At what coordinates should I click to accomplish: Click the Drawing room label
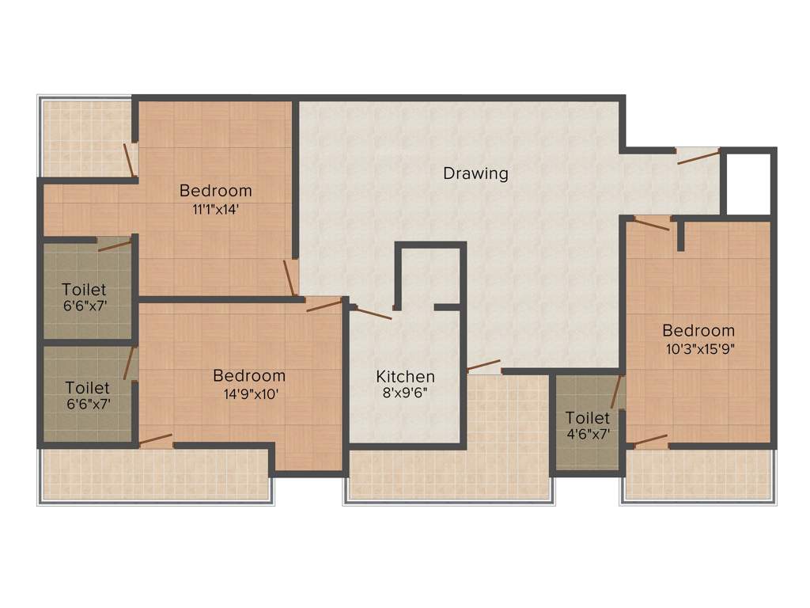coord(475,173)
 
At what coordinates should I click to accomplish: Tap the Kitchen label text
coord(405,376)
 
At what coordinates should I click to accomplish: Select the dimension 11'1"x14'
coord(215,210)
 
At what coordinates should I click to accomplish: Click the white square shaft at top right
coord(748,183)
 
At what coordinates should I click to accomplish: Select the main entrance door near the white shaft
coord(698,157)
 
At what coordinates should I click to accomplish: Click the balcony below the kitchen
coord(449,475)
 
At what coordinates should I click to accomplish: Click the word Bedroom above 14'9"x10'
coord(249,376)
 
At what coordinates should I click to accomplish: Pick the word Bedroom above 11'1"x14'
coord(215,191)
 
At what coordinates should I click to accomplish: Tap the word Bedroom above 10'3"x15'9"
coord(698,330)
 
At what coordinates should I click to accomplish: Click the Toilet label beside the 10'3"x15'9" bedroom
coord(587,417)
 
